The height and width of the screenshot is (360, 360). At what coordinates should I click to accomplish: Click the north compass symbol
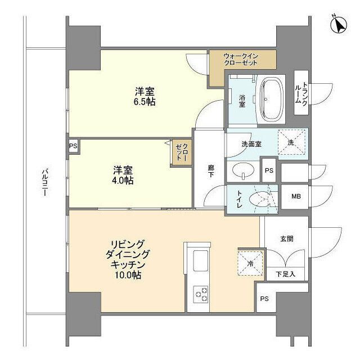coord(339,24)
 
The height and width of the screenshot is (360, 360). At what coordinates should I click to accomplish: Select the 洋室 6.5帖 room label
coord(145,97)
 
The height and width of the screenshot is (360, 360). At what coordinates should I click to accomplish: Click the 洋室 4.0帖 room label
coord(122,174)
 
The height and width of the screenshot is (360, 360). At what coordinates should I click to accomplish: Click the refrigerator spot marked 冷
coord(248,261)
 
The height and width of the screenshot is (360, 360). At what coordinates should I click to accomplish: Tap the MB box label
coord(295,197)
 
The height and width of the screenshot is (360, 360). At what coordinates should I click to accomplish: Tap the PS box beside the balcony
coord(73,146)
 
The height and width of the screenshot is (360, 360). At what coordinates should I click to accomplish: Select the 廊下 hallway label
coord(211,170)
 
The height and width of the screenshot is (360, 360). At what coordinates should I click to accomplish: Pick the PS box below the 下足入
coord(264,299)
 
